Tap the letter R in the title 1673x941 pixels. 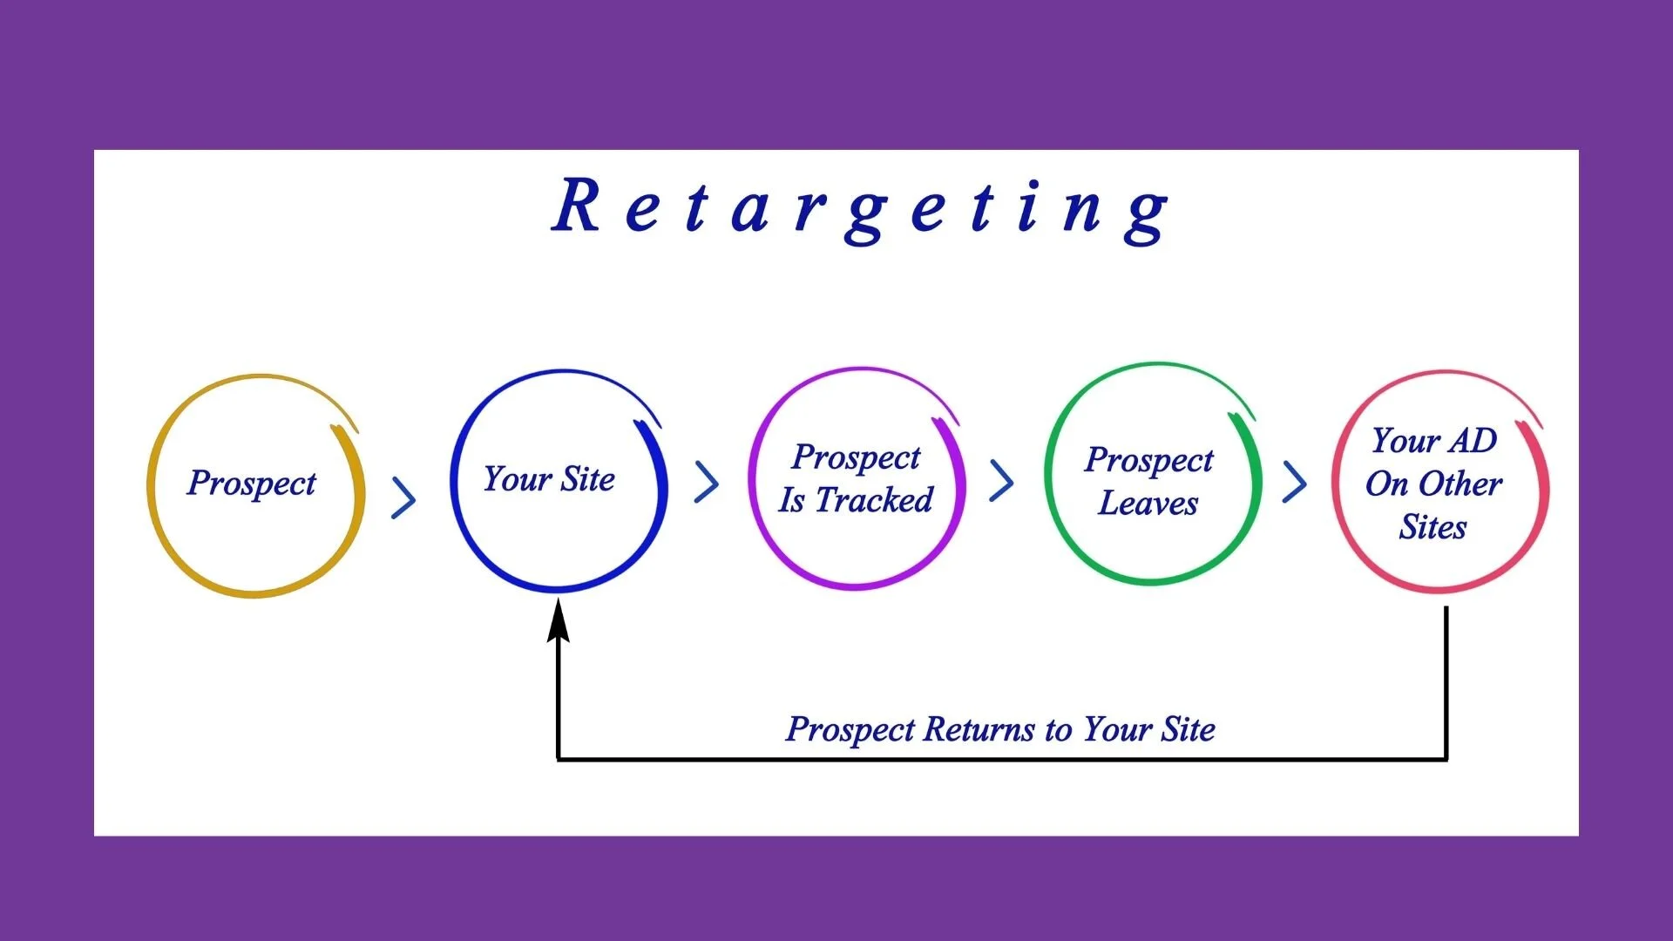(577, 206)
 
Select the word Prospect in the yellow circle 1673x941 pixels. (252, 483)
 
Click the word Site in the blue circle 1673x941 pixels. (587, 479)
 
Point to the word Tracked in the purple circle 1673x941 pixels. (874, 500)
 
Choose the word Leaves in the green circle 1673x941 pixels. (1148, 503)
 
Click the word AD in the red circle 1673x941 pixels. (1472, 441)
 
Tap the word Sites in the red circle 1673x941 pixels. (1433, 527)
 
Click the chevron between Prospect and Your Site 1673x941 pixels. (403, 498)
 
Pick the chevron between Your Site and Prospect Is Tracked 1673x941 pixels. (707, 482)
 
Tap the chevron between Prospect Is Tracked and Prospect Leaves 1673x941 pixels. (1002, 481)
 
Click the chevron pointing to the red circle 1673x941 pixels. (1295, 482)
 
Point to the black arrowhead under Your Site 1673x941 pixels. (559, 620)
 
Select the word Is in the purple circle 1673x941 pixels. (791, 500)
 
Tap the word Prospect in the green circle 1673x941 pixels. (1149, 460)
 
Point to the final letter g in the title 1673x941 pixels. (1146, 213)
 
